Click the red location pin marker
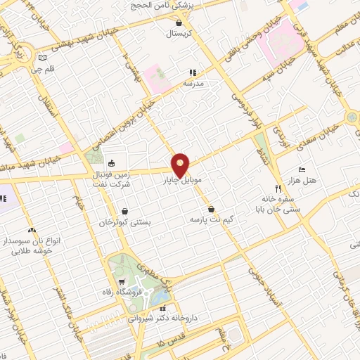point(181,165)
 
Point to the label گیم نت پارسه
point(210,219)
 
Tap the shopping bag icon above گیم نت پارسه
point(211,209)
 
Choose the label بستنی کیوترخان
point(124,221)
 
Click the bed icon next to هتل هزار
point(302,169)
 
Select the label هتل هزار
point(307,180)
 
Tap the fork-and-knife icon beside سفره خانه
point(278,188)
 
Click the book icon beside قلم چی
point(43,58)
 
